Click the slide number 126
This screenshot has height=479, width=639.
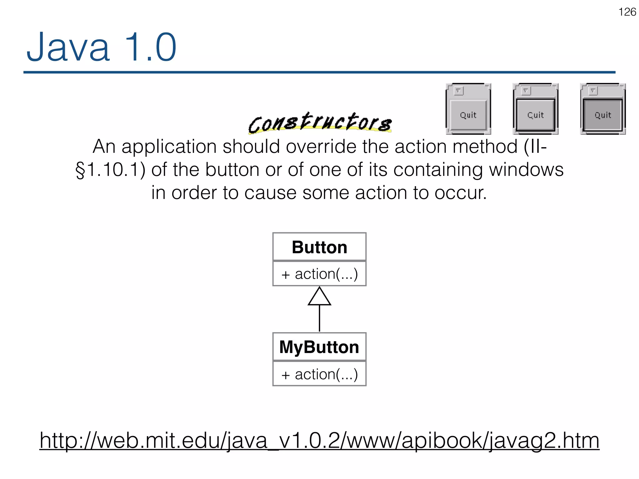tap(627, 12)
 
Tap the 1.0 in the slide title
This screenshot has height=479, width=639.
tap(150, 48)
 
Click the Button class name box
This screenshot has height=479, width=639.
tap(319, 247)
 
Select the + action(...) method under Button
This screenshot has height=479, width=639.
tap(319, 274)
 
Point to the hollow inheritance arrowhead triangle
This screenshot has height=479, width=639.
tap(319, 297)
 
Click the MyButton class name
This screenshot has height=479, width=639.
tap(319, 347)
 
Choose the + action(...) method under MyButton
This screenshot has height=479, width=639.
tap(319, 374)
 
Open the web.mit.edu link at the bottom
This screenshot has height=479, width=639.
tap(319, 440)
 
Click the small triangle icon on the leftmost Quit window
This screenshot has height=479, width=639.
tap(458, 91)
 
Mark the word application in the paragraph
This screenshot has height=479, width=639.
tap(169, 147)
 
